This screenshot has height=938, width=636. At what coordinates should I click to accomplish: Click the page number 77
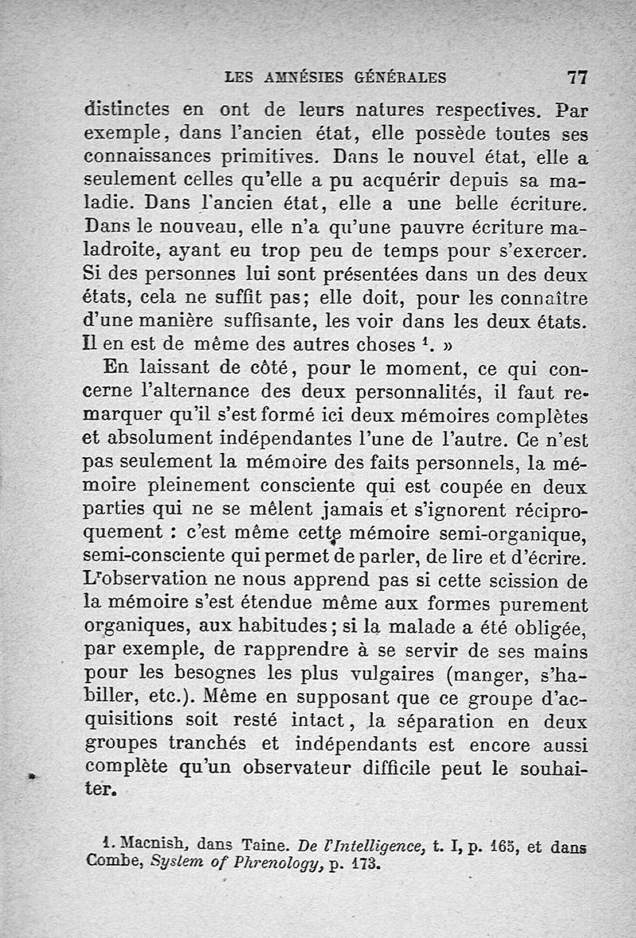576,78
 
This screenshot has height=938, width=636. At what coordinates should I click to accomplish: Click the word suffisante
279,322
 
